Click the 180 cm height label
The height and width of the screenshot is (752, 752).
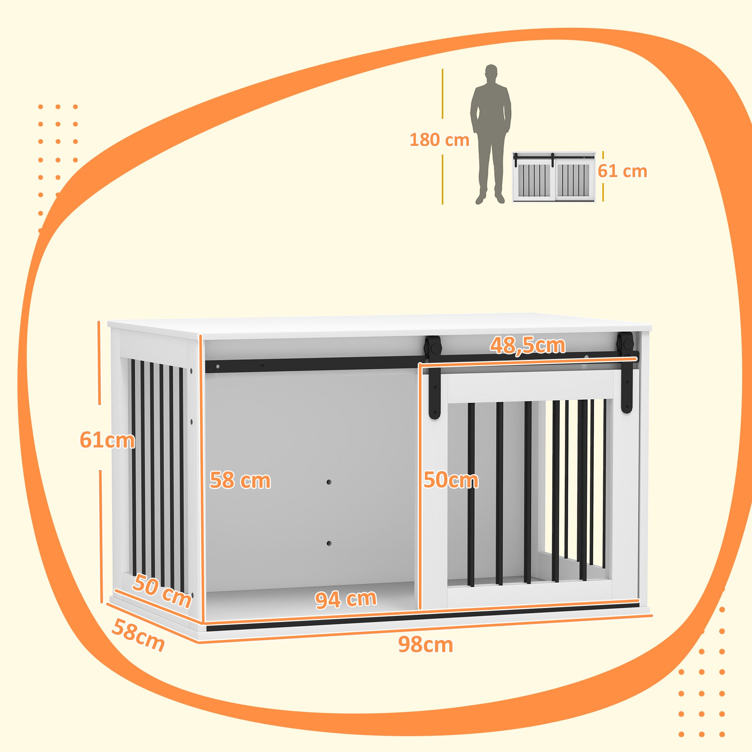[440, 140]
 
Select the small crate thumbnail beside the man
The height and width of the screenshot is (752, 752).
[553, 177]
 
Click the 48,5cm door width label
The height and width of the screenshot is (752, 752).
[527, 345]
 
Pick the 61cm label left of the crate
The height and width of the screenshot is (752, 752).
[107, 440]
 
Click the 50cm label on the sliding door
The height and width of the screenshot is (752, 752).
[451, 480]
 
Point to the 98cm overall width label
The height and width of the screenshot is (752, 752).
[425, 645]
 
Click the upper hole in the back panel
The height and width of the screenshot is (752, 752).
[329, 482]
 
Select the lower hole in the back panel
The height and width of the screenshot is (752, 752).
[329, 543]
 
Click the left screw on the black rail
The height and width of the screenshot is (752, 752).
[218, 367]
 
